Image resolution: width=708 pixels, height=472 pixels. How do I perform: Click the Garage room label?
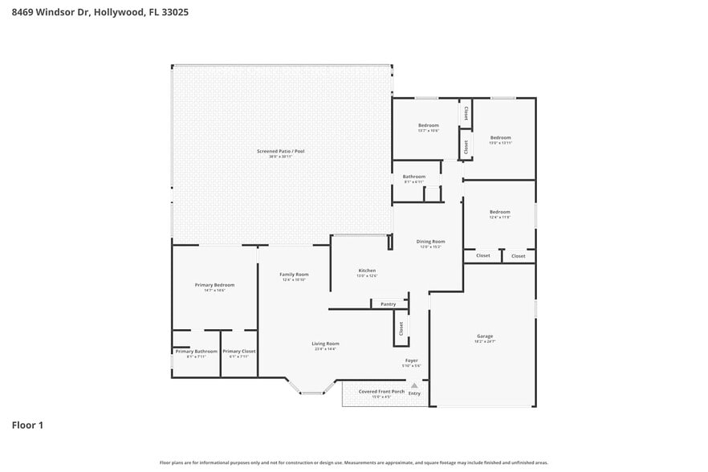485,336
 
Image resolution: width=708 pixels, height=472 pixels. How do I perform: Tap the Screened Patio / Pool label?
280,151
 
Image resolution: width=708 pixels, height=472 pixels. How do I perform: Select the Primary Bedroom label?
214,285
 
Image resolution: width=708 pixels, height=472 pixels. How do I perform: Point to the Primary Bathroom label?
196,351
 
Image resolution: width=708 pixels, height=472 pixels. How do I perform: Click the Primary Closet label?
238,351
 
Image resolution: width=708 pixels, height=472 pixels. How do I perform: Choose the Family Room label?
294,275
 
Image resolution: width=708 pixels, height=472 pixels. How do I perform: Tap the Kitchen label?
367,271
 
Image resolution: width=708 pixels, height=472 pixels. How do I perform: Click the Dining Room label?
430,241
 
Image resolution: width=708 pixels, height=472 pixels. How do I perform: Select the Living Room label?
325,344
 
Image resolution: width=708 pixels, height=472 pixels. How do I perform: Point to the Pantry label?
389,304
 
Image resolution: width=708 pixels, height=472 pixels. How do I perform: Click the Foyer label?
411,360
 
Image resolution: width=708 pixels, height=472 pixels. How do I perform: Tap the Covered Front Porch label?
381,391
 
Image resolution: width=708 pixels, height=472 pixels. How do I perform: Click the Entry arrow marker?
414,386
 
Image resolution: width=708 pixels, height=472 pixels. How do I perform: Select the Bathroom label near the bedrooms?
414,177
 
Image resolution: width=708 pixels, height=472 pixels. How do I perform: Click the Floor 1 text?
27,425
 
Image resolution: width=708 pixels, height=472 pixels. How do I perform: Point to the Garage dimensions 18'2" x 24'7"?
485,342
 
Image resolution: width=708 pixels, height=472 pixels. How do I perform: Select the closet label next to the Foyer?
401,328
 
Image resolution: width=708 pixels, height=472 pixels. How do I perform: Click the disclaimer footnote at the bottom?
354,462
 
